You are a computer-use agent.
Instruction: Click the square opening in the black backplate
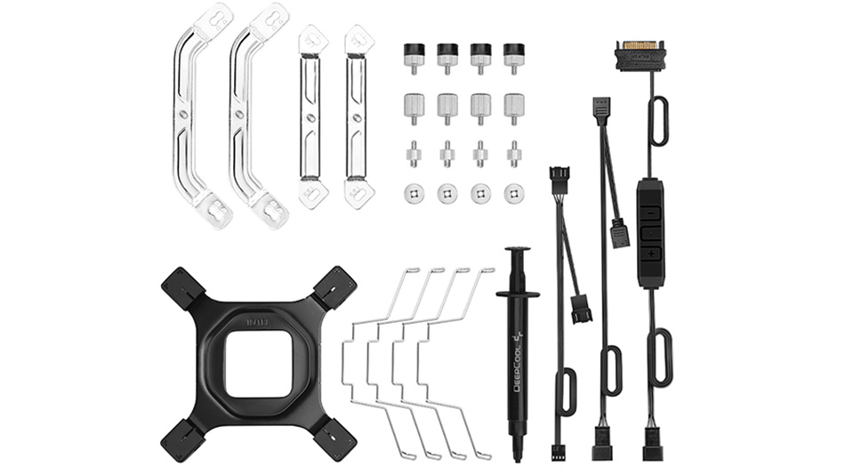coord(258,363)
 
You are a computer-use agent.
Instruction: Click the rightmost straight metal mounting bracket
coord(358,116)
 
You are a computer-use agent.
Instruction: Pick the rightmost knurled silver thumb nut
coord(514,108)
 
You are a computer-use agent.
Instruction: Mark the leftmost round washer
coord(414,193)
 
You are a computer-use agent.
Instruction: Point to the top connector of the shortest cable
coord(559,177)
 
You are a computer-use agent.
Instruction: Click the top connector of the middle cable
coord(601,109)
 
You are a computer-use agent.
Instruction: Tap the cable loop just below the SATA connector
coord(657,120)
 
